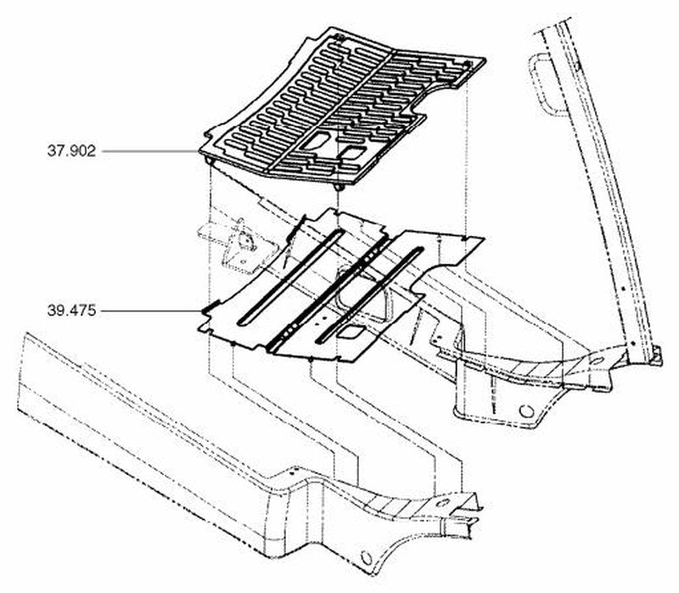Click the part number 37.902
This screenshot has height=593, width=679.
(71, 151)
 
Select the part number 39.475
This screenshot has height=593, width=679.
(71, 310)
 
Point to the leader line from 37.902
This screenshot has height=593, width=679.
(151, 151)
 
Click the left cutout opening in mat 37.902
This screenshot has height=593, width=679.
(317, 140)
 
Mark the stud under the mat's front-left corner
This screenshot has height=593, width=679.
(210, 160)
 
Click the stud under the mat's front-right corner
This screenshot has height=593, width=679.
(339, 187)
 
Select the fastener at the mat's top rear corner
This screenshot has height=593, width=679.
(339, 38)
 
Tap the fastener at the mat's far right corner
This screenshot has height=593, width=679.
(467, 64)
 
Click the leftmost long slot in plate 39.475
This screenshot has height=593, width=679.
(291, 277)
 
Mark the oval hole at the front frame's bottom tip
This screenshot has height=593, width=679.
(367, 558)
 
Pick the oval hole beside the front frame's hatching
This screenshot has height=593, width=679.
(442, 503)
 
